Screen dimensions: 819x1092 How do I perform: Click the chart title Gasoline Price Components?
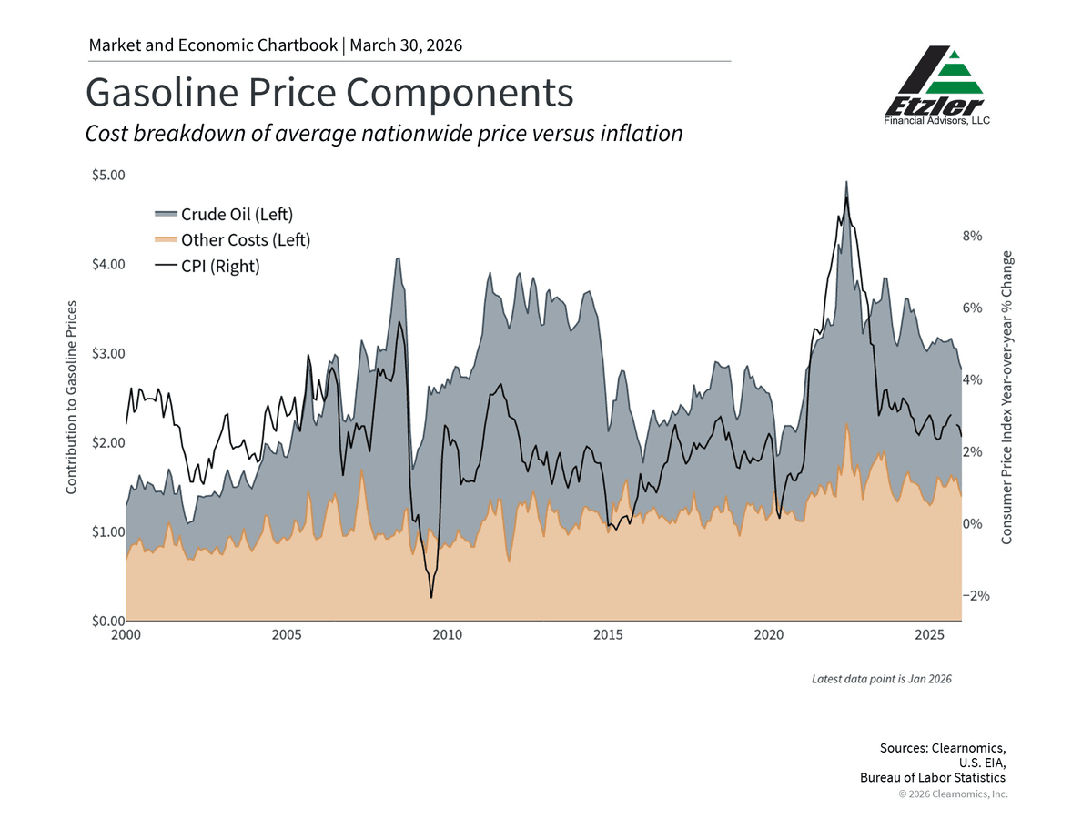click(329, 93)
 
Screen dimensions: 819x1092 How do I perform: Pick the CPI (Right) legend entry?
click(219, 267)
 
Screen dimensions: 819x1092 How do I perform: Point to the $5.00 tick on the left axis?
click(108, 175)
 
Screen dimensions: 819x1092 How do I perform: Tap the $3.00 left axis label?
click(108, 353)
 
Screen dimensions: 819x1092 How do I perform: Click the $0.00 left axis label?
click(108, 621)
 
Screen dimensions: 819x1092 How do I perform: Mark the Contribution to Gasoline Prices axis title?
click(71, 397)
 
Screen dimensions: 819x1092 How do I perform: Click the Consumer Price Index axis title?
click(1007, 398)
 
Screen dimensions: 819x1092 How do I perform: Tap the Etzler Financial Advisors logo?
click(936, 86)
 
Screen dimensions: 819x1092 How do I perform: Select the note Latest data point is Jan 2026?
click(882, 679)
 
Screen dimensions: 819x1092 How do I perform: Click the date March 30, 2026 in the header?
click(407, 45)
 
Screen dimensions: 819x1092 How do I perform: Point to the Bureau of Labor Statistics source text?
click(933, 778)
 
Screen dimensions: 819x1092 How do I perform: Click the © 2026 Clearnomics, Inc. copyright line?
click(953, 794)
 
